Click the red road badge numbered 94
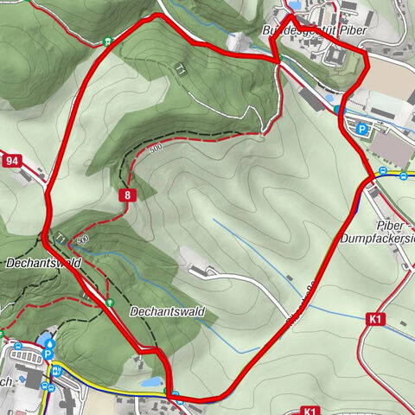pos(11,160)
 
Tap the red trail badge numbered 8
pos(127,195)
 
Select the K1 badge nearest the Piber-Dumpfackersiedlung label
pos(375,320)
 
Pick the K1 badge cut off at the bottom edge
pos(311,410)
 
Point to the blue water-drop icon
pos(49,343)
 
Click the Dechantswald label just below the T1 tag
pos(31,261)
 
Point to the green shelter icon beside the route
pos(106,40)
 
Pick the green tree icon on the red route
pos(112,301)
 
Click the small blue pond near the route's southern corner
pos(152,380)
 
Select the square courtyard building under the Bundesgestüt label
pos(335,56)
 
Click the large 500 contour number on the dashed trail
pos(155,149)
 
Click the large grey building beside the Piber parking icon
pos(393,149)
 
